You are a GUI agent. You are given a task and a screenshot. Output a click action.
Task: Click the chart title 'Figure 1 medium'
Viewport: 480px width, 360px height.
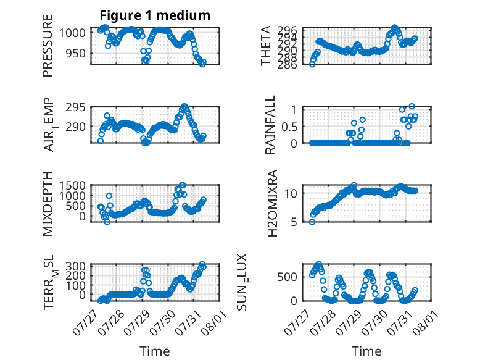tap(155, 15)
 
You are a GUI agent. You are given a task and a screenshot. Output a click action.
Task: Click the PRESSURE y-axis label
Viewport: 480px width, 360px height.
tap(48, 46)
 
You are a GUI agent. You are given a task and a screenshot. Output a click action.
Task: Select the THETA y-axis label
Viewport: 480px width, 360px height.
tap(266, 46)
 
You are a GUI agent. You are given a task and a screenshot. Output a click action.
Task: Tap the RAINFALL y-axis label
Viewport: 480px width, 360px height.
tap(270, 125)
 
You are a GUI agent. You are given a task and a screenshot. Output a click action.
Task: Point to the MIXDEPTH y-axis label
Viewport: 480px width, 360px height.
tap(48, 204)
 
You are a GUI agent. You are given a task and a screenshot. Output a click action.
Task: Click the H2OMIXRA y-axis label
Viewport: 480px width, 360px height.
tap(273, 203)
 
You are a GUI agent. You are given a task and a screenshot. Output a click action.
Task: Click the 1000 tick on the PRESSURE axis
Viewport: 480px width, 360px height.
tap(73, 33)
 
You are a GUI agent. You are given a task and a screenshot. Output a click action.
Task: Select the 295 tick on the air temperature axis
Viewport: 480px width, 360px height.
tap(76, 107)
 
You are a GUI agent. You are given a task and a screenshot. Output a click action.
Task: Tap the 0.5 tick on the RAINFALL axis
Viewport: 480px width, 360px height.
tap(289, 127)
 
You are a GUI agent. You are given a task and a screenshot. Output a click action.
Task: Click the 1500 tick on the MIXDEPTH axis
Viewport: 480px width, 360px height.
tap(73, 185)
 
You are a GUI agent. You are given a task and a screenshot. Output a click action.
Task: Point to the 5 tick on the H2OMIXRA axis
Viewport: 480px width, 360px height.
tap(294, 222)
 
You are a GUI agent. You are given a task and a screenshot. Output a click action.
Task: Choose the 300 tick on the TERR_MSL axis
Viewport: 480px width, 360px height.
tap(76, 266)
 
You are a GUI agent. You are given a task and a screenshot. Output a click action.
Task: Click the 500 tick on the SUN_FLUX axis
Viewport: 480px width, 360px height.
tap(287, 277)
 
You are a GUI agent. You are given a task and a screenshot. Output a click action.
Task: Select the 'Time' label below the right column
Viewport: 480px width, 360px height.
tap(366, 351)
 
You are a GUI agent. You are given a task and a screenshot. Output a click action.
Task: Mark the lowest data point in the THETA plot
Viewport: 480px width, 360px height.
tap(312, 64)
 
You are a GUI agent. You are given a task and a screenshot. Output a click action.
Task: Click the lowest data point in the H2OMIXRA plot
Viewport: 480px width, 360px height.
tap(312, 222)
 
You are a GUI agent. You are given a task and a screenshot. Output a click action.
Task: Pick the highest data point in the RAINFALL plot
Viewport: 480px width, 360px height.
tap(412, 106)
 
